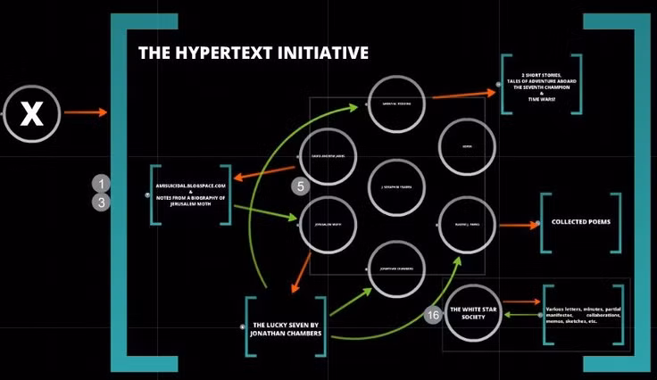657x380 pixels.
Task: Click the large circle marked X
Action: click(x=32, y=112)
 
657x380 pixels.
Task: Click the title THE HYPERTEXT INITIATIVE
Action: click(x=253, y=54)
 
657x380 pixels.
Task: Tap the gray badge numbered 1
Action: click(x=103, y=185)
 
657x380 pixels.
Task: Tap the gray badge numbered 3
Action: click(x=103, y=202)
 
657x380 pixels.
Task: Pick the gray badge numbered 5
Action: click(x=302, y=186)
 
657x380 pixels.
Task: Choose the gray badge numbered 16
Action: click(x=432, y=315)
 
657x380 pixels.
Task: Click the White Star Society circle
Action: click(x=472, y=312)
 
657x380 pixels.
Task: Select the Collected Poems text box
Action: click(x=580, y=221)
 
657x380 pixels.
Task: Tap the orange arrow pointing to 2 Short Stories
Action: click(x=463, y=93)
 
